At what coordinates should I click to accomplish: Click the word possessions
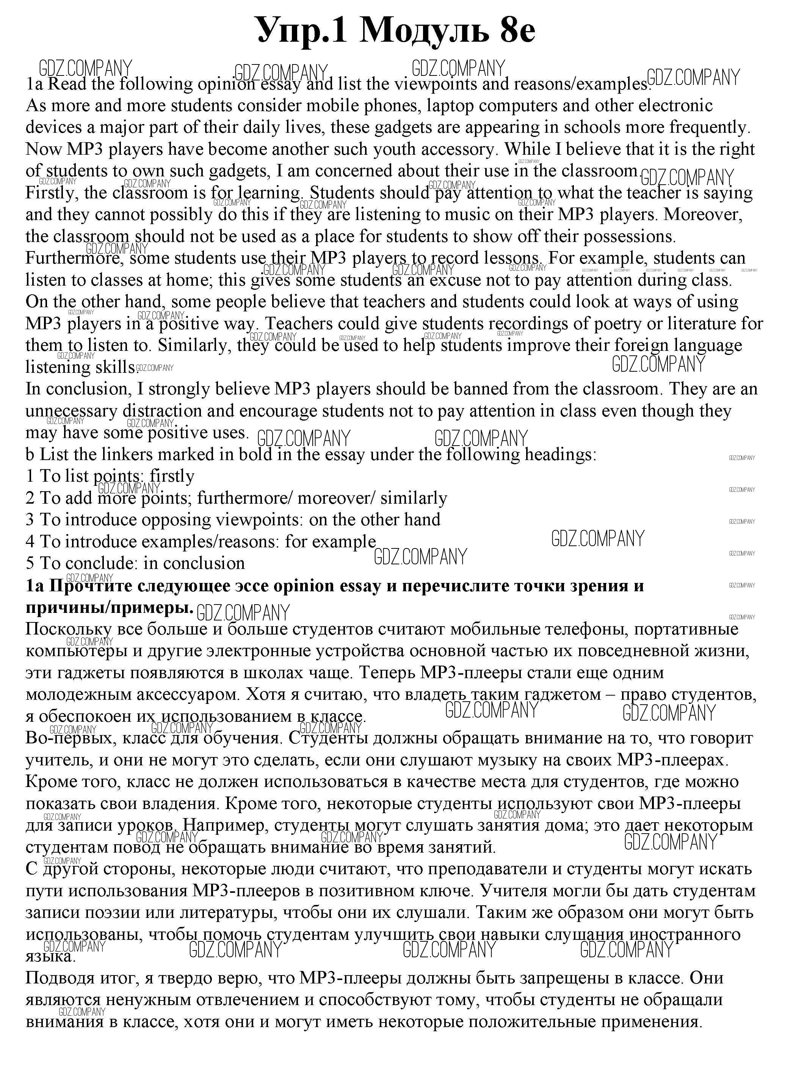[x=629, y=237]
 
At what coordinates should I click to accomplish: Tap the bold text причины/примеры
[x=109, y=607]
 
